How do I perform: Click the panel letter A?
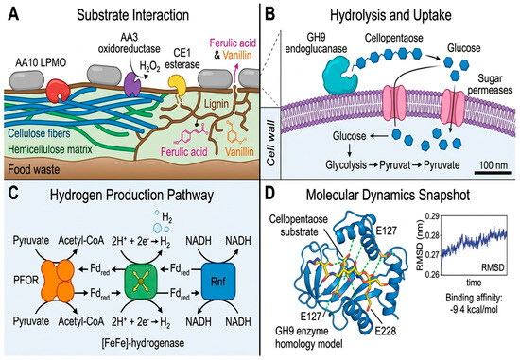click(x=13, y=14)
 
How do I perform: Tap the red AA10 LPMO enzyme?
click(x=58, y=91)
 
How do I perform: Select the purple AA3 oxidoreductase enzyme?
click(x=132, y=85)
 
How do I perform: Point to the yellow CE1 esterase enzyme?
click(x=177, y=86)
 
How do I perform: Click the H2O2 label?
click(x=149, y=67)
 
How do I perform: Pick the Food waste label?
click(x=34, y=170)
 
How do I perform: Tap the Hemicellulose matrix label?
click(x=50, y=149)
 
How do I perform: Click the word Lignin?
click(x=217, y=104)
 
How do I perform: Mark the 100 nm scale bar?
click(x=493, y=173)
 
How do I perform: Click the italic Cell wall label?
click(x=271, y=143)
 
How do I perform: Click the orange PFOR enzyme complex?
click(x=57, y=280)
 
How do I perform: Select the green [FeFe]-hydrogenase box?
click(x=141, y=281)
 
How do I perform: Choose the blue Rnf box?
click(x=218, y=281)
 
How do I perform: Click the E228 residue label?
click(x=386, y=331)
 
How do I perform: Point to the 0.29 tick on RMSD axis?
click(x=432, y=216)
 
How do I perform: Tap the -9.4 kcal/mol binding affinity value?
click(x=474, y=310)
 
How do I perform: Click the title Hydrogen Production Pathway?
click(x=131, y=196)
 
